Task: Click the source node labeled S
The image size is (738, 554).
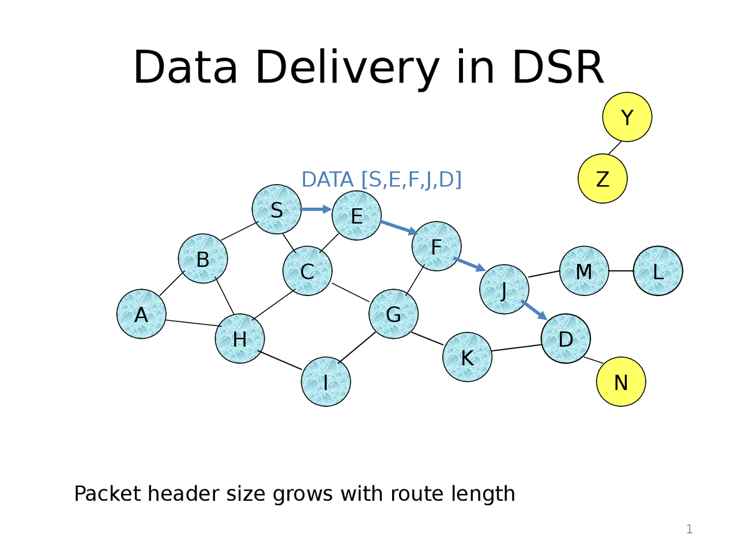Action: pyautogui.click(x=277, y=209)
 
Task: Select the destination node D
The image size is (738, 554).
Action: pyautogui.click(x=566, y=339)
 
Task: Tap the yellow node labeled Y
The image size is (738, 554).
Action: pyautogui.click(x=627, y=117)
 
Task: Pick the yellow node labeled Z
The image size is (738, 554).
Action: pyautogui.click(x=603, y=179)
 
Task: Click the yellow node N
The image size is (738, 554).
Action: pyautogui.click(x=621, y=382)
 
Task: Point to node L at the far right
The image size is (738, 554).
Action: pyautogui.click(x=658, y=271)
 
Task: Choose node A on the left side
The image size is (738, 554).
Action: pyautogui.click(x=141, y=315)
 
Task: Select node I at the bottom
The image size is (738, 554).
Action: pyautogui.click(x=326, y=382)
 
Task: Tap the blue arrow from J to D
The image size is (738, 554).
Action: pyautogui.click(x=534, y=310)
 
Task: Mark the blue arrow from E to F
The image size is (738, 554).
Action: pyautogui.click(x=398, y=227)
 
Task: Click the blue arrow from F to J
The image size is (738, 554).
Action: pyautogui.click(x=469, y=264)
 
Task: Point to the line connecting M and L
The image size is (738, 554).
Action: pyautogui.click(x=621, y=271)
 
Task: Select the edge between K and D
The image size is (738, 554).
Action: pyautogui.click(x=517, y=347)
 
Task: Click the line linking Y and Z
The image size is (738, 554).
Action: pyautogui.click(x=615, y=148)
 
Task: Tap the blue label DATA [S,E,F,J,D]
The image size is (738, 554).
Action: pyautogui.click(x=382, y=180)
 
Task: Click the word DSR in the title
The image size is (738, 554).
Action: pyautogui.click(x=557, y=68)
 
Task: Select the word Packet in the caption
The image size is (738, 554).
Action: pyautogui.click(x=107, y=494)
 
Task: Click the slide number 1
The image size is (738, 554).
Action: pyautogui.click(x=689, y=529)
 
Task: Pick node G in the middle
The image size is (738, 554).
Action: pyautogui.click(x=394, y=315)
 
